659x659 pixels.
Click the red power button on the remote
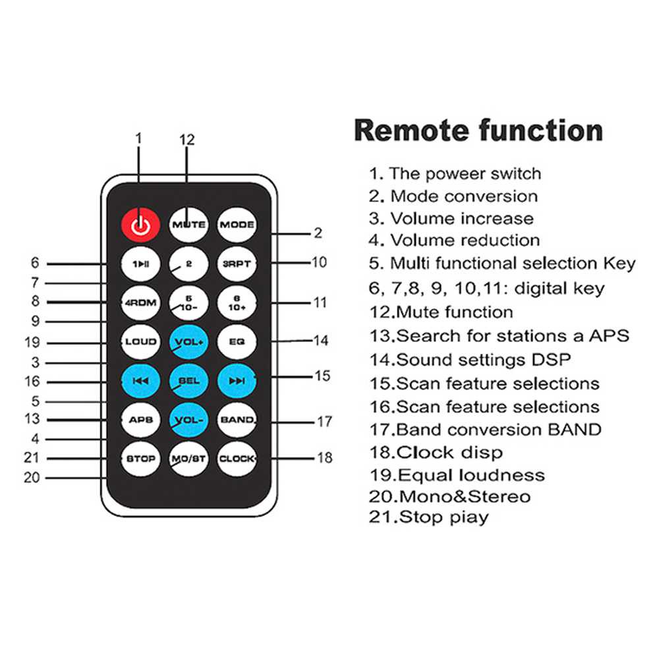point(140,225)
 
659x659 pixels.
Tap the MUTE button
point(188,225)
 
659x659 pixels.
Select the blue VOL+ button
point(188,341)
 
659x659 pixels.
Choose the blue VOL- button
point(188,420)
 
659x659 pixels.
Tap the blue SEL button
point(188,381)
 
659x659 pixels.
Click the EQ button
point(237,341)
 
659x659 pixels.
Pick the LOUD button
point(140,341)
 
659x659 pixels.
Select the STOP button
point(140,459)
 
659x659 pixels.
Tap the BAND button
point(237,420)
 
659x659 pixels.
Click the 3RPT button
point(237,264)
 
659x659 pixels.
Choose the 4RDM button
point(140,302)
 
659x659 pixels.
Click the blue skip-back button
point(140,381)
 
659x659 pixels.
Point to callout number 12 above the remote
point(187,140)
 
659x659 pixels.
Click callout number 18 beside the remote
point(324,457)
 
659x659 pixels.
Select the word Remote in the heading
point(411,130)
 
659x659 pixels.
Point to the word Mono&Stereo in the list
point(465,497)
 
